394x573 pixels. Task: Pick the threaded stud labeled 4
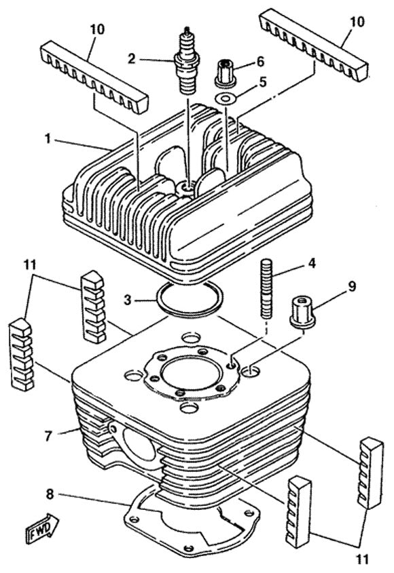coord(266,285)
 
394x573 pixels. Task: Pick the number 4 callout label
coord(312,261)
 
